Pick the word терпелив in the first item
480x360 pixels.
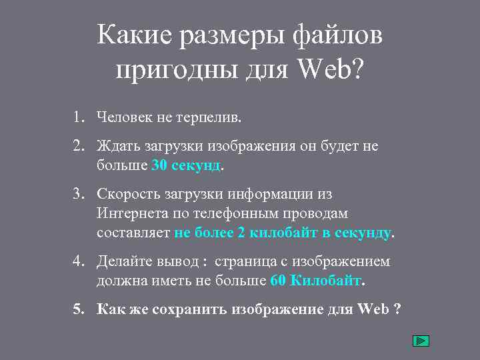[x=213, y=118]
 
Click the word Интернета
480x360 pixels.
[x=131, y=213]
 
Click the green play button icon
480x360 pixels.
[x=420, y=341]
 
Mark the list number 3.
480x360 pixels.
[x=78, y=195]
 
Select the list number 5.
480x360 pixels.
[x=78, y=310]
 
